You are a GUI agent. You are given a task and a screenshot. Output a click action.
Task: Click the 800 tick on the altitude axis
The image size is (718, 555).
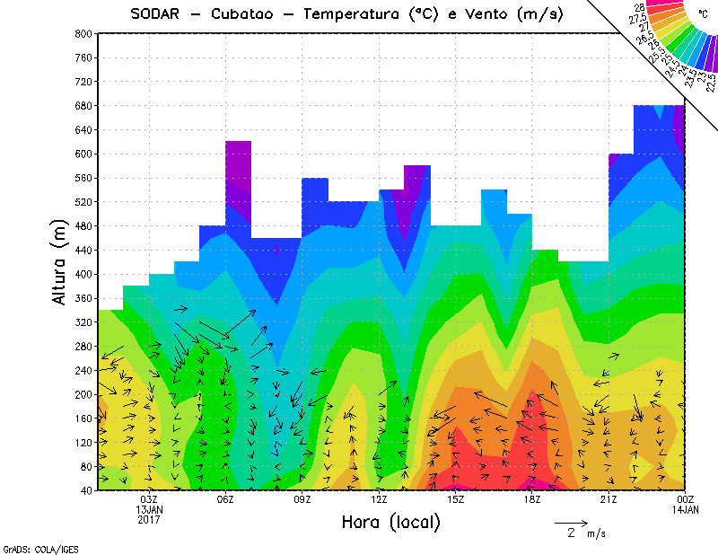coord(83,33)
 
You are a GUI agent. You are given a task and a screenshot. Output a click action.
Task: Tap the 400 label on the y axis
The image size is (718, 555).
coord(83,274)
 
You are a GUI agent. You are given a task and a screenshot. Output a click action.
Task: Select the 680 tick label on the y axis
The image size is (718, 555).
coord(83,105)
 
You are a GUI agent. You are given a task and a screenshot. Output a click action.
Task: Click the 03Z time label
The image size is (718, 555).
coord(149,499)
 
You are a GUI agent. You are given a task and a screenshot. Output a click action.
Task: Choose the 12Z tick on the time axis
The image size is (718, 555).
coord(380,499)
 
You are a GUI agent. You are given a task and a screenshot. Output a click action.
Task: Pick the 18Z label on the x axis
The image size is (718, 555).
coord(533,499)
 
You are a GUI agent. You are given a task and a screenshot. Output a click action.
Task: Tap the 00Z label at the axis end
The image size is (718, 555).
coord(686,499)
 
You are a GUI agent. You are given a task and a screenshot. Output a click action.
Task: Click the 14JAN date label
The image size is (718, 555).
coord(686,509)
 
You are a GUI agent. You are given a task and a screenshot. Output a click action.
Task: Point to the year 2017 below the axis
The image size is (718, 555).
coord(149,519)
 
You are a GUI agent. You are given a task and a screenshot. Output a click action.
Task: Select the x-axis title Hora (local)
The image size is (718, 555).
coord(391,523)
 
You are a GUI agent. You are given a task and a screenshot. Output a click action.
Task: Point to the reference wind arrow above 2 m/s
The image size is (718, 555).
coord(571,521)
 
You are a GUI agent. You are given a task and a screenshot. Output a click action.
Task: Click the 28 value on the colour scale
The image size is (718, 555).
coord(639,6)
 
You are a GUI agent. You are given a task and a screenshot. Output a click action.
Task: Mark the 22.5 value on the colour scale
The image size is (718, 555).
coord(709,82)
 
